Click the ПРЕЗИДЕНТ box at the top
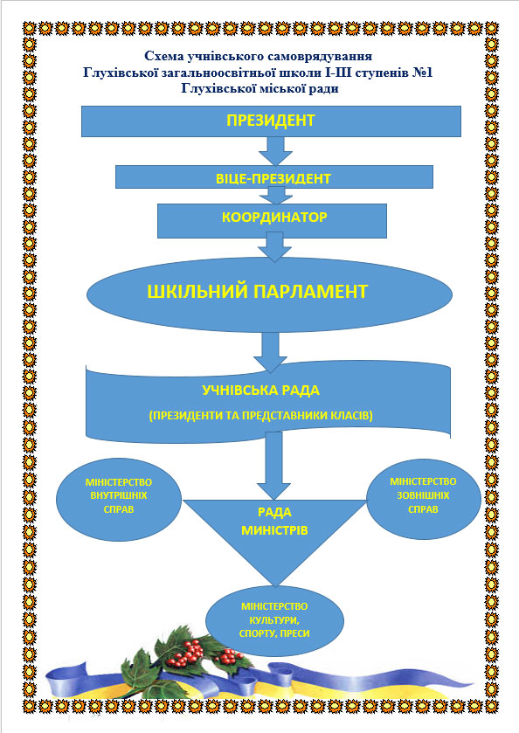pyautogui.click(x=271, y=121)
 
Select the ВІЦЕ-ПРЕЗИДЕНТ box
pyautogui.click(x=274, y=176)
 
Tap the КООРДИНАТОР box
pyautogui.click(x=272, y=221)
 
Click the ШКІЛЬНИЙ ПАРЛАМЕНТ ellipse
pyautogui.click(x=269, y=294)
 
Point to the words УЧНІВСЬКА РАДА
pyautogui.click(x=260, y=391)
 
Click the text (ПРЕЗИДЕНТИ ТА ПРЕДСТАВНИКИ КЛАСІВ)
pyautogui.click(x=261, y=416)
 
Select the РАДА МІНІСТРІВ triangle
pyautogui.click(x=275, y=533)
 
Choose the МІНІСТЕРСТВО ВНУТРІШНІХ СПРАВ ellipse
pyautogui.click(x=119, y=499)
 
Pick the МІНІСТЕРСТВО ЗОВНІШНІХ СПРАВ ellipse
pyautogui.click(x=423, y=499)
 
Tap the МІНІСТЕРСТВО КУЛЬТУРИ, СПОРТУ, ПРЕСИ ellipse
pyautogui.click(x=275, y=621)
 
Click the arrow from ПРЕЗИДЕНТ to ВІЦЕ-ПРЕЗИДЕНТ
pyautogui.click(x=276, y=151)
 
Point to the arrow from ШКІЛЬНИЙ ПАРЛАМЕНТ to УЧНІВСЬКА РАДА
pyautogui.click(x=270, y=352)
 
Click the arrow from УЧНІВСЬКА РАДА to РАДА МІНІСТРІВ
pyautogui.click(x=274, y=466)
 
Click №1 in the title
pyautogui.click(x=423, y=73)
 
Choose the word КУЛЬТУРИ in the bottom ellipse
pyautogui.click(x=274, y=621)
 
